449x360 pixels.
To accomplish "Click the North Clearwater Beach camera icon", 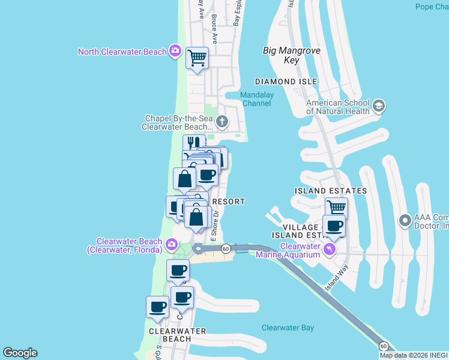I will pyautogui.click(x=175, y=50).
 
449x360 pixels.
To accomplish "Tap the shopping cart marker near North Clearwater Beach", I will pyautogui.click(x=197, y=59).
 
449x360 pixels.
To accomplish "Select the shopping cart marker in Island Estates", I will pyautogui.click(x=336, y=208).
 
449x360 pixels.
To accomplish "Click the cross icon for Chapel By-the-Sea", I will pyautogui.click(x=221, y=122).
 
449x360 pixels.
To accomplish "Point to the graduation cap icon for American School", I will pyautogui.click(x=379, y=107).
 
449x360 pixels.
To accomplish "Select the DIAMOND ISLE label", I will pyautogui.click(x=286, y=82).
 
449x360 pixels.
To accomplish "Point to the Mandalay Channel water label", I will pyautogui.click(x=256, y=99).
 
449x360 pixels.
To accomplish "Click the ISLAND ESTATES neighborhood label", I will pyautogui.click(x=330, y=191).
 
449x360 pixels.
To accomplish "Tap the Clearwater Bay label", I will pyautogui.click(x=288, y=328).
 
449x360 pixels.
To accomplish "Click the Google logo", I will pyautogui.click(x=20, y=353).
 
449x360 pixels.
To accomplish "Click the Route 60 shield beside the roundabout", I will pyautogui.click(x=226, y=248).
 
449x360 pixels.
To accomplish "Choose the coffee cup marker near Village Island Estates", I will pyautogui.click(x=334, y=226).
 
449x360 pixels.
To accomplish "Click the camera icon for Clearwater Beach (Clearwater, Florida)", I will pyautogui.click(x=172, y=244).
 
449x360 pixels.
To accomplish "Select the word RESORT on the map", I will pyautogui.click(x=229, y=202).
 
